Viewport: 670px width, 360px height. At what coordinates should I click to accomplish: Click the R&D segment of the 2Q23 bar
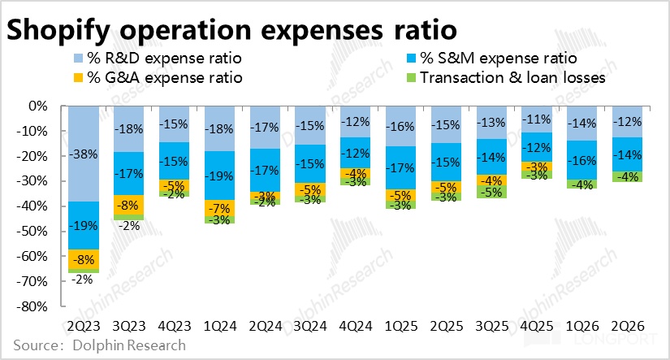(84, 154)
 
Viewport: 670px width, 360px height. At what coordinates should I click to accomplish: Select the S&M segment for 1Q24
(219, 176)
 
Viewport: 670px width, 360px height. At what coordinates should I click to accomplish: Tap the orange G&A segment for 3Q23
(128, 205)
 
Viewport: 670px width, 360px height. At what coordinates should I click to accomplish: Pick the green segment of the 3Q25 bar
(492, 192)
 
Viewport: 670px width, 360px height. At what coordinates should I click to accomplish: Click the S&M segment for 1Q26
(582, 160)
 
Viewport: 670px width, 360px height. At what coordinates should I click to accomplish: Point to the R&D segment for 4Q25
(536, 119)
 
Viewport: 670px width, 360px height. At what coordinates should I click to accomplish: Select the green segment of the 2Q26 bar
(627, 176)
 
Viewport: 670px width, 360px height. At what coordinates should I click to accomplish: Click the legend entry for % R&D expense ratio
(158, 59)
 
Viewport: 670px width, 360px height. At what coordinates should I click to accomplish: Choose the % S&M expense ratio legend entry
(492, 59)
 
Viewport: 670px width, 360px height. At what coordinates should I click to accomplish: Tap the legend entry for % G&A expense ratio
(158, 78)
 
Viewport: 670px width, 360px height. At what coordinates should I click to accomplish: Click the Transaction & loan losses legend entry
(506, 78)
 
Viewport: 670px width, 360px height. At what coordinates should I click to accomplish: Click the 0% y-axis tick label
(38, 106)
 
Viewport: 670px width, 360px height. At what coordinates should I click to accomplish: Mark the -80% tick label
(32, 306)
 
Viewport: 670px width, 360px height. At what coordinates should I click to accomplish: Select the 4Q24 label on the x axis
(356, 326)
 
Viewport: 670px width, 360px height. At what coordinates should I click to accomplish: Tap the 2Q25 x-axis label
(446, 326)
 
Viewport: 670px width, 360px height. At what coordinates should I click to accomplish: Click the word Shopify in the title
(58, 30)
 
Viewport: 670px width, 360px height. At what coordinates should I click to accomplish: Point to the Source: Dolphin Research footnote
(100, 345)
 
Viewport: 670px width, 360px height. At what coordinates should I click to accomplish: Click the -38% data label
(84, 154)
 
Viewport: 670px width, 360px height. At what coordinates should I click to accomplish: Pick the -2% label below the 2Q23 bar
(82, 280)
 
